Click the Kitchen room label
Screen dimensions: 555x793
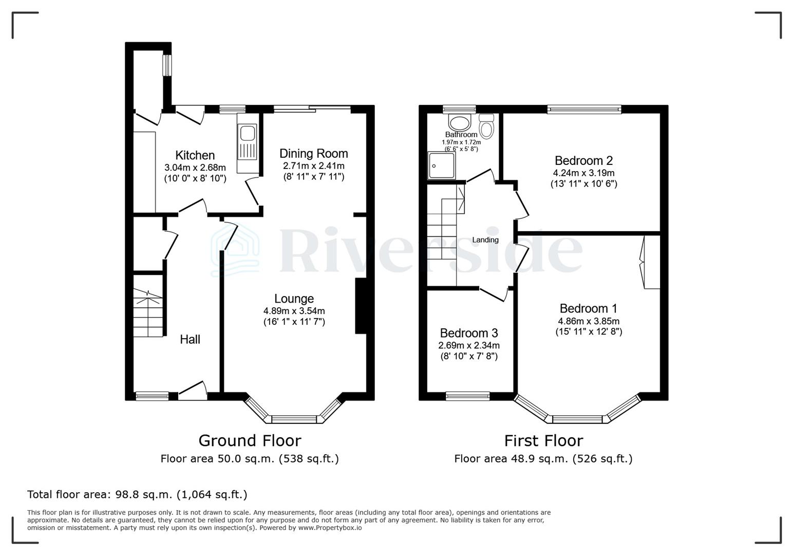195,155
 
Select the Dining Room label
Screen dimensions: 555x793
313,154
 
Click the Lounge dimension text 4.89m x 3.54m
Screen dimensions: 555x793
294,311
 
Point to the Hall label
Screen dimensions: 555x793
190,339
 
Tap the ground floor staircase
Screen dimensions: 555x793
148,313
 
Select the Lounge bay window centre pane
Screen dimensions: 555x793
294,419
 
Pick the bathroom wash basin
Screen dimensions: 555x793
460,122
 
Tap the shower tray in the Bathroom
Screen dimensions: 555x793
441,165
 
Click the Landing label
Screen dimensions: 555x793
485,240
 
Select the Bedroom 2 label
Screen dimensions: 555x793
583,160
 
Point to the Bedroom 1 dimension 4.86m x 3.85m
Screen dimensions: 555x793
589,321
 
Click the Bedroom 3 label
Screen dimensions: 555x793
468,333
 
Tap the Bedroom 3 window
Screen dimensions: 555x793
467,396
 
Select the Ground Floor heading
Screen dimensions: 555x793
250,440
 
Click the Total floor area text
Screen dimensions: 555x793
137,494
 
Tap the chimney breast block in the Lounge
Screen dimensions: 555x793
361,307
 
